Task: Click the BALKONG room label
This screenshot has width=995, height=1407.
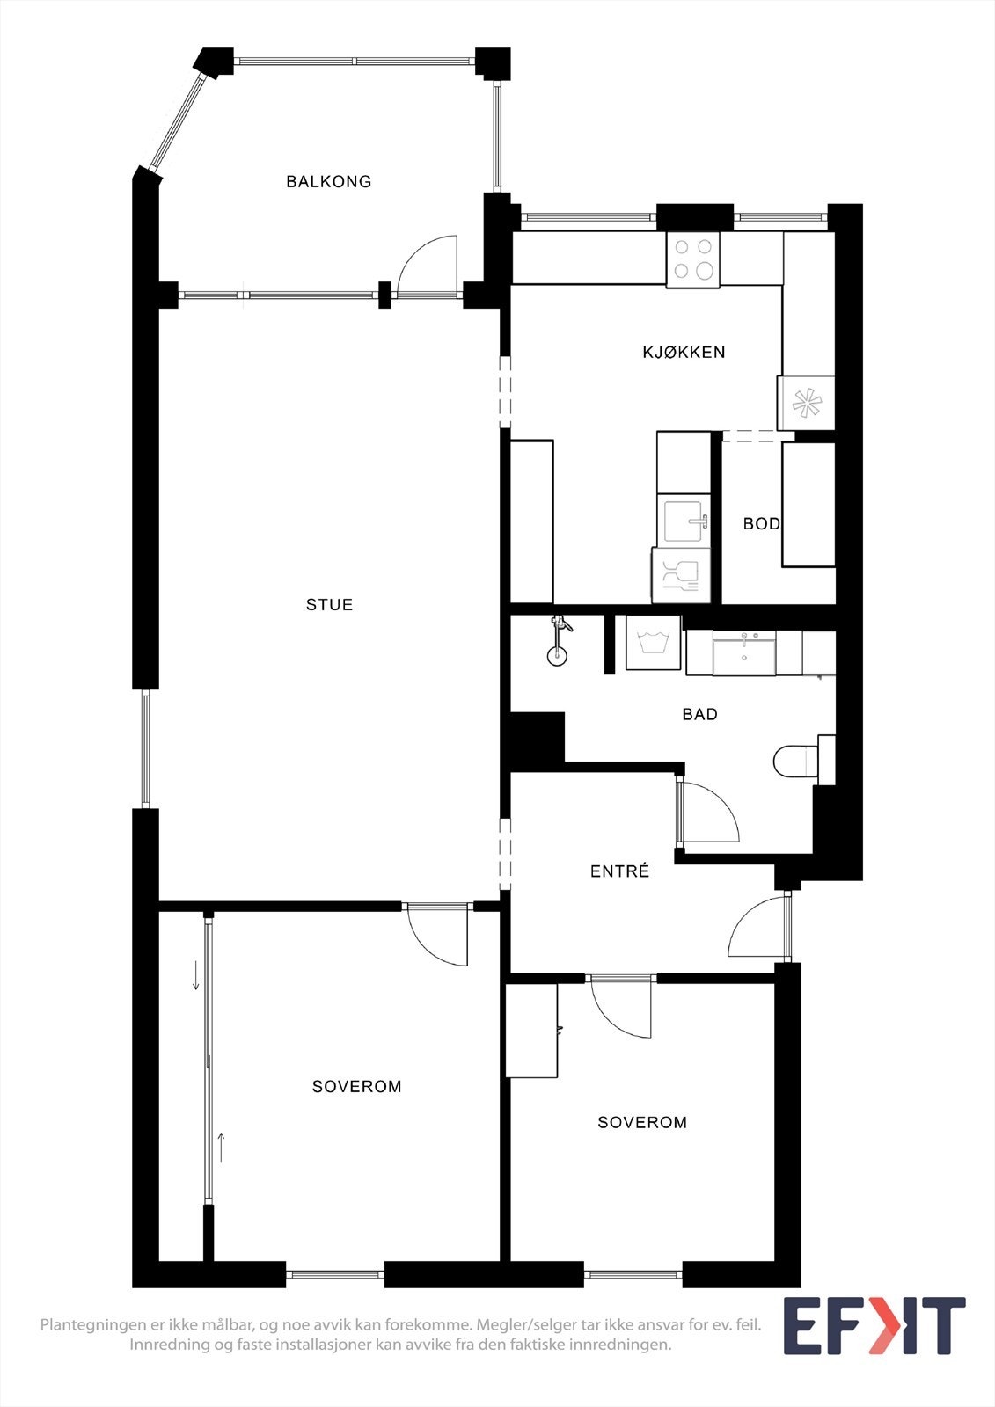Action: [329, 181]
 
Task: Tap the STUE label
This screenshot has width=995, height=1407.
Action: [329, 604]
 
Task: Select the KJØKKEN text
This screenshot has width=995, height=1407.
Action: [684, 352]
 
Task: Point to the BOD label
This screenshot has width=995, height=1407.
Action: [762, 523]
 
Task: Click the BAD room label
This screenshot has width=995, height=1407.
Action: [700, 714]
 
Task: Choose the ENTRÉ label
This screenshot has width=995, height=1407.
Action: [619, 871]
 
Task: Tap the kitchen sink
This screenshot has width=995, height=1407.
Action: [684, 521]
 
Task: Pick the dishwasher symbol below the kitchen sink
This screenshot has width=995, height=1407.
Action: [681, 575]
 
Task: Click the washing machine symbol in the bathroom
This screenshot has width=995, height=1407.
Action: [654, 642]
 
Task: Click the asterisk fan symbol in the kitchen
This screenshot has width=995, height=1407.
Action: [806, 404]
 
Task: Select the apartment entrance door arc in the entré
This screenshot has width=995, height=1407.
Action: [745, 914]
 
